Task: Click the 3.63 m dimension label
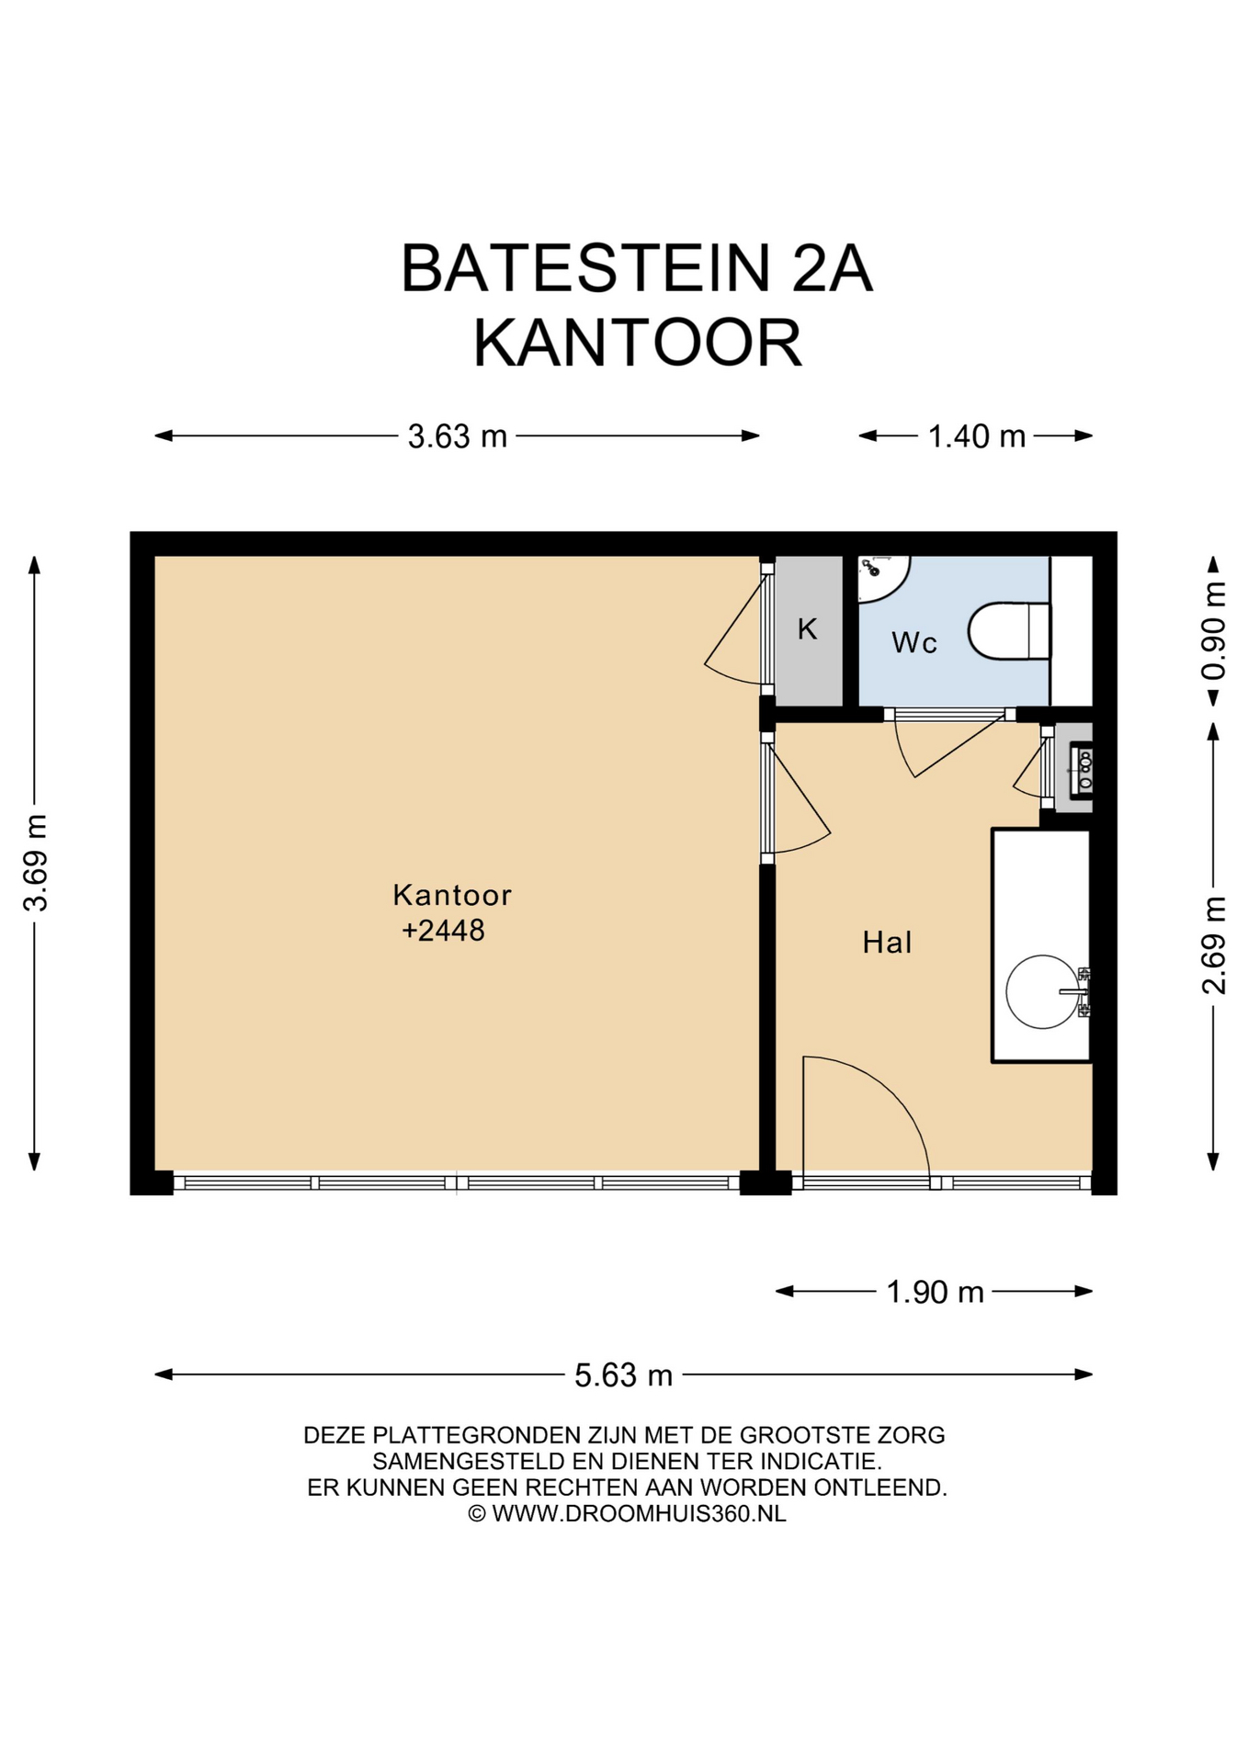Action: click(x=458, y=436)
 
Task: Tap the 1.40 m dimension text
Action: click(x=976, y=436)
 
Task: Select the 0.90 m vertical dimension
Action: click(x=1214, y=630)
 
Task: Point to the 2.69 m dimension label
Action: click(x=1214, y=944)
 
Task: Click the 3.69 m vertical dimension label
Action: click(x=35, y=863)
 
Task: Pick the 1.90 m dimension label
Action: click(x=935, y=1293)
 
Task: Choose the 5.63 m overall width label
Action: click(x=623, y=1375)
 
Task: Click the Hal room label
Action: click(x=887, y=943)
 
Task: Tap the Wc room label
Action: click(x=914, y=642)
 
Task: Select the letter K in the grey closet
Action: click(x=807, y=629)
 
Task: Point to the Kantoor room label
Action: click(x=451, y=895)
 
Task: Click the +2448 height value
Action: click(x=443, y=931)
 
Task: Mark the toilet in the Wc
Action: click(x=1009, y=631)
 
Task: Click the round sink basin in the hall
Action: click(x=1042, y=992)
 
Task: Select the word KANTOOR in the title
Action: click(x=637, y=343)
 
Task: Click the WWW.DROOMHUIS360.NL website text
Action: click(x=639, y=1513)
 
